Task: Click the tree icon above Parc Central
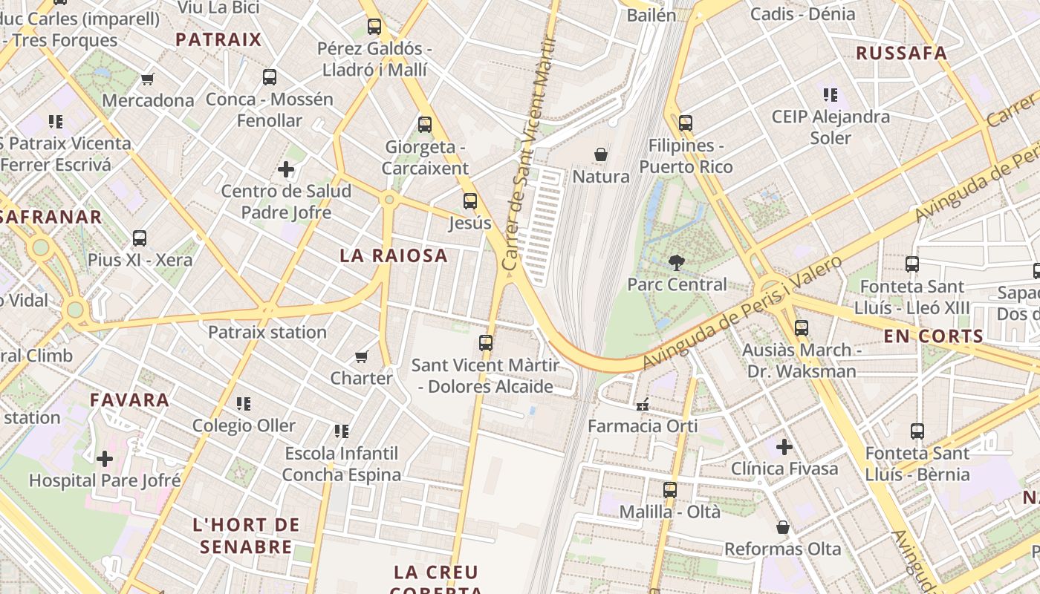point(676,262)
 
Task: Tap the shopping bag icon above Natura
point(600,154)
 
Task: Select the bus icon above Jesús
point(469,200)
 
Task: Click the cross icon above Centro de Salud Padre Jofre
point(286,169)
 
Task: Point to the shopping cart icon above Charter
point(362,356)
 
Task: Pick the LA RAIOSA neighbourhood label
point(394,255)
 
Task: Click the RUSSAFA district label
point(901,53)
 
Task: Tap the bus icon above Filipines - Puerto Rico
point(685,123)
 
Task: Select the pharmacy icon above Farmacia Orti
point(643,405)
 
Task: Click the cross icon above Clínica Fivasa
point(784,447)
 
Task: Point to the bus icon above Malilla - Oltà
point(669,490)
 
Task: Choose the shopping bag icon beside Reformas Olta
point(782,527)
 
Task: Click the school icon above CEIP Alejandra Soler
point(830,95)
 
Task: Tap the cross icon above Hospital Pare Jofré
point(105,459)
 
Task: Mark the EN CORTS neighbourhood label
point(933,336)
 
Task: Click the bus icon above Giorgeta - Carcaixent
point(424,125)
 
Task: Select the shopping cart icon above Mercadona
point(148,79)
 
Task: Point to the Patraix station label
point(267,332)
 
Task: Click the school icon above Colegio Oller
point(243,404)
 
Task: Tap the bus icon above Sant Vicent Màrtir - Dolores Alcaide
point(485,343)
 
